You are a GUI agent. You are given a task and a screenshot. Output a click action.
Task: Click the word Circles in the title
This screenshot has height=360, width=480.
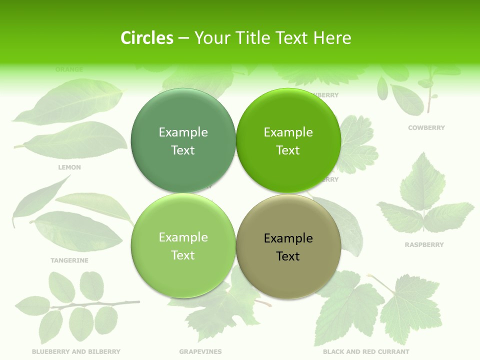(x=147, y=38)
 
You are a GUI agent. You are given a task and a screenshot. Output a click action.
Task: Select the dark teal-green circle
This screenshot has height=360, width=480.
(x=183, y=141)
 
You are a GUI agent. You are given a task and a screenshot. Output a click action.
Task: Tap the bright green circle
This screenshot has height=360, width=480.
(x=288, y=141)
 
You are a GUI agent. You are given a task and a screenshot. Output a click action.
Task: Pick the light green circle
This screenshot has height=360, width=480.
(x=183, y=246)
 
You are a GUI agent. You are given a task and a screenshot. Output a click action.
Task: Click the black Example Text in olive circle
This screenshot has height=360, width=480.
(x=288, y=247)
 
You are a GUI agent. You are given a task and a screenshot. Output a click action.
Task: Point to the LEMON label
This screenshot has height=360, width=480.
(x=69, y=167)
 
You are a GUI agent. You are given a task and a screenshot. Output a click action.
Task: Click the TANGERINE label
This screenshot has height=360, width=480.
(x=69, y=260)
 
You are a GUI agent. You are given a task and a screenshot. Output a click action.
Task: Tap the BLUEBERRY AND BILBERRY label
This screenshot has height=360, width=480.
(x=76, y=351)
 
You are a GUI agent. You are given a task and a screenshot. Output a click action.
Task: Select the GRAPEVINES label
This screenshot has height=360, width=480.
(x=200, y=351)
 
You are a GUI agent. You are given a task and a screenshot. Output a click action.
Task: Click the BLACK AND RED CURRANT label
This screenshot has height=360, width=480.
(x=366, y=351)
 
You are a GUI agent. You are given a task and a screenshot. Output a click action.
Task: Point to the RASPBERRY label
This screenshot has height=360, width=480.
(x=424, y=245)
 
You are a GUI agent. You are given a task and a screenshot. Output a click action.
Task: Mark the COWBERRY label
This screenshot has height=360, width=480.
(x=426, y=128)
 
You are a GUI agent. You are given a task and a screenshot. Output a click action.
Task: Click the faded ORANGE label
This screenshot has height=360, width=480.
(x=69, y=69)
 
